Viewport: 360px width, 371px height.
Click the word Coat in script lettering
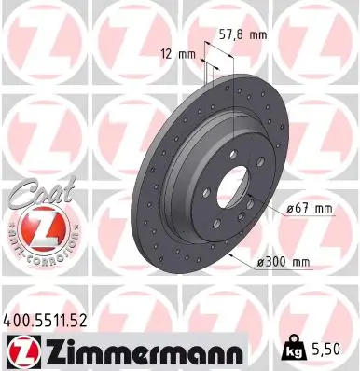pos(36,193)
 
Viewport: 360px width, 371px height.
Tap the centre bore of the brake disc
pos(232,192)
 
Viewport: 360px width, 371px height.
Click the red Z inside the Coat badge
pos(35,227)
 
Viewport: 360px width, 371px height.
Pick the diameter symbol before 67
pos(292,210)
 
